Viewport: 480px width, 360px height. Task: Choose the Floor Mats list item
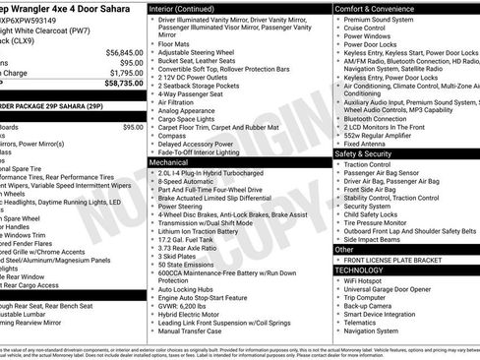pos(174,43)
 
